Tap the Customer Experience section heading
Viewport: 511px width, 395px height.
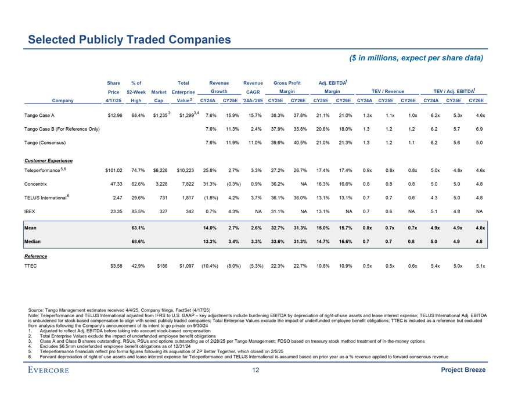point(49,160)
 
